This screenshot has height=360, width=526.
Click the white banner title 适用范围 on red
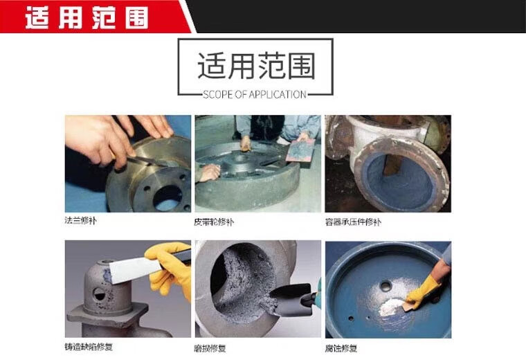(87, 17)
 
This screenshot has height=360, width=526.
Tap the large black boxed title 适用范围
(256, 66)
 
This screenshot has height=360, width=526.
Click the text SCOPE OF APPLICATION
(255, 95)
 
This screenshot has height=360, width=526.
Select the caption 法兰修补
(80, 220)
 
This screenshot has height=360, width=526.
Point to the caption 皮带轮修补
(214, 222)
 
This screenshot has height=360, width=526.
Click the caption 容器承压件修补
(353, 222)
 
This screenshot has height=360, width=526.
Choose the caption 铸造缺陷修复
(89, 347)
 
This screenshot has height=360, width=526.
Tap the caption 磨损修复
(210, 349)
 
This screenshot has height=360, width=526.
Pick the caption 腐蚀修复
(341, 349)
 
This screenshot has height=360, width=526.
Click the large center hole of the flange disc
(167, 197)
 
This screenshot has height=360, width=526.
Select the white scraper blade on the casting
(134, 269)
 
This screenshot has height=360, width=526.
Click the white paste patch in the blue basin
(392, 307)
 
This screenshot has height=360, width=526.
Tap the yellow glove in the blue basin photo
(423, 291)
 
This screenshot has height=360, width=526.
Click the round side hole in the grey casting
(100, 294)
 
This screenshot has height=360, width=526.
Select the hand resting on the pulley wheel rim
(209, 172)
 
